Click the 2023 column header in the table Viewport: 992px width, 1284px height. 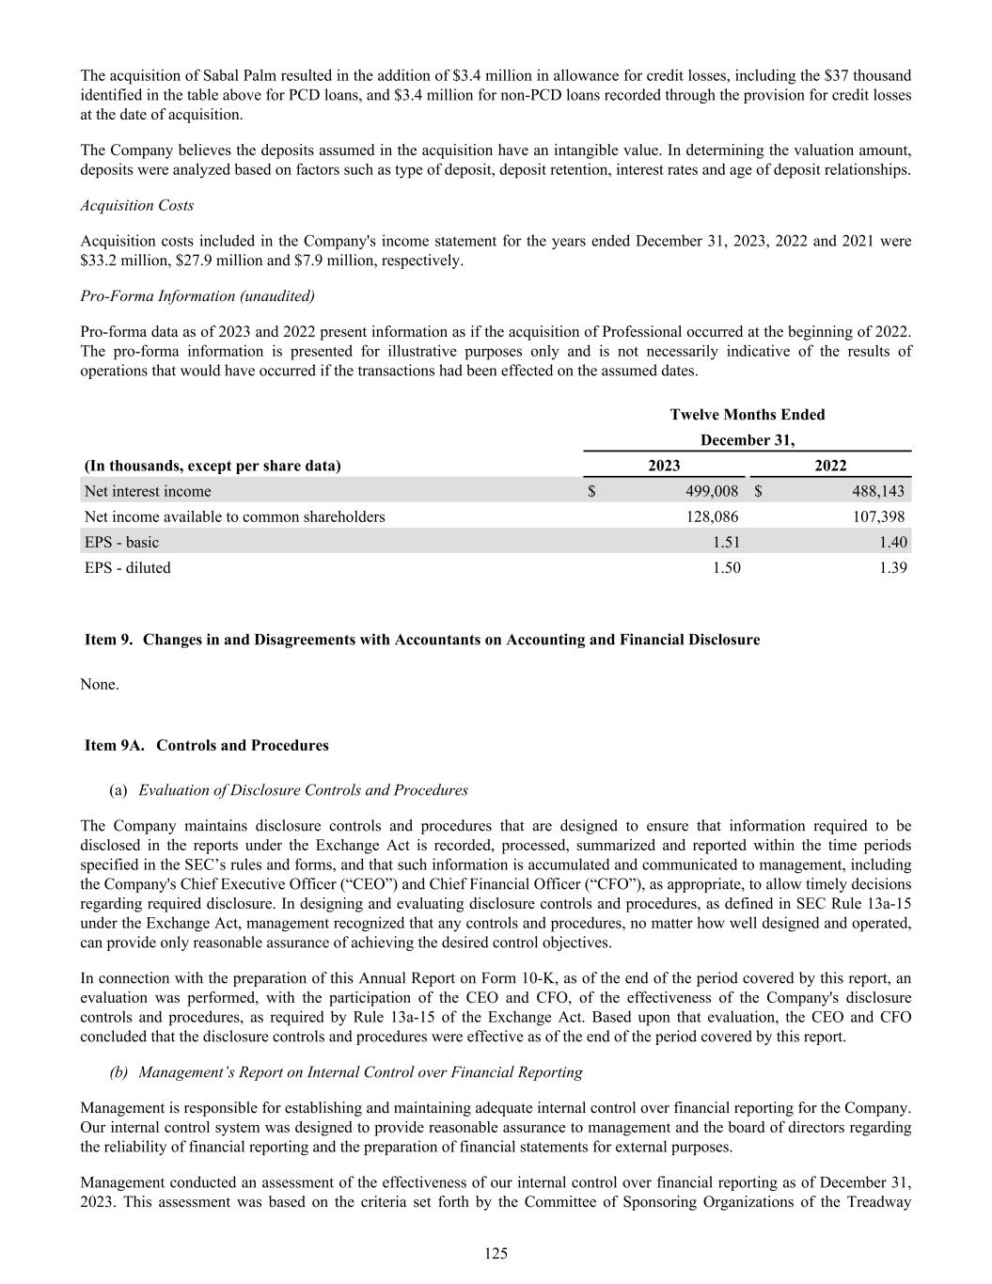pos(664,466)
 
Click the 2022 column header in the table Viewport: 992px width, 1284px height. pos(829,466)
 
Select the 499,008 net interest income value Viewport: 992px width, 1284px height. pos(711,491)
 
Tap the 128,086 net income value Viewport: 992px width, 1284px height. pos(711,516)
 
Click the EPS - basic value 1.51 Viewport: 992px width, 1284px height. pos(723,542)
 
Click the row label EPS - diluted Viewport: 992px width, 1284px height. pos(128,567)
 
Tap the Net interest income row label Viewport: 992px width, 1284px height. pos(148,491)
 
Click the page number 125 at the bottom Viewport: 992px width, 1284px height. pos(496,1253)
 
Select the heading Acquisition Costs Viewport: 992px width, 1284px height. pos(137,205)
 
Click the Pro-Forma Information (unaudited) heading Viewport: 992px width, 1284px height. pos(197,295)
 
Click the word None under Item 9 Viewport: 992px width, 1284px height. pos(100,684)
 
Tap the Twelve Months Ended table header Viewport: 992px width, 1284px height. pos(748,415)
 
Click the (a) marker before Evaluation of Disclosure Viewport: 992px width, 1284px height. pos(119,790)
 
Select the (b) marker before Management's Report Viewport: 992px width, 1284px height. pos(119,1072)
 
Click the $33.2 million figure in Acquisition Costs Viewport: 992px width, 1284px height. pos(115,261)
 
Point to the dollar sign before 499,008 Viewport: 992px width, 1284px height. pos(592,491)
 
